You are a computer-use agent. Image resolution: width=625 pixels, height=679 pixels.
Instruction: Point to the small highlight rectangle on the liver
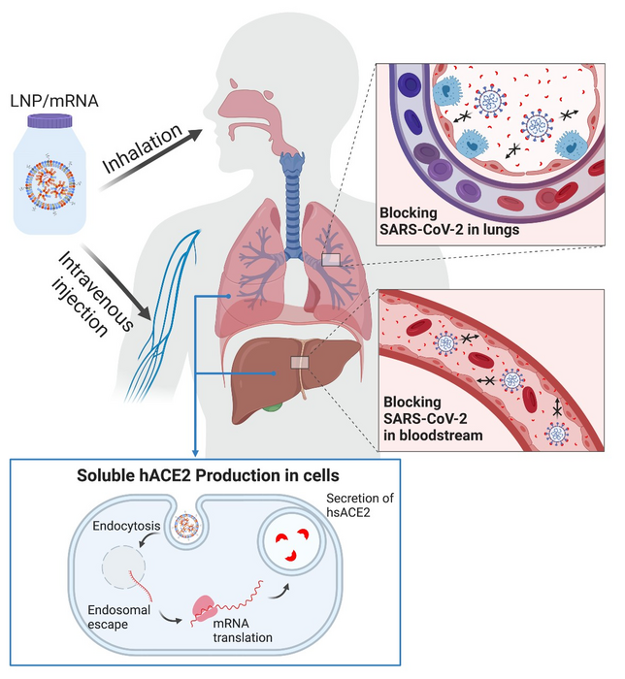coord(301,363)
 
